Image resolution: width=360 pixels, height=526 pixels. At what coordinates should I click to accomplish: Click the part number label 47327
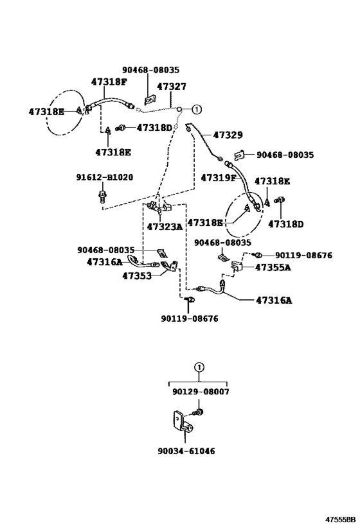click(x=171, y=87)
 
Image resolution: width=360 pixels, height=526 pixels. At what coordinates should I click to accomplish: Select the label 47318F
click(x=109, y=82)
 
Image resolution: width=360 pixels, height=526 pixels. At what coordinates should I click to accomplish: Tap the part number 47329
click(x=228, y=135)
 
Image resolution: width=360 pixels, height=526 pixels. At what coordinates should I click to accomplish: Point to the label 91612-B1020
click(x=104, y=177)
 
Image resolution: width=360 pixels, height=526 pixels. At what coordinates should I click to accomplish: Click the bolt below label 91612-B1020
click(x=102, y=196)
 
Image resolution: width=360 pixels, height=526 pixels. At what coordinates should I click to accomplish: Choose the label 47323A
click(x=165, y=227)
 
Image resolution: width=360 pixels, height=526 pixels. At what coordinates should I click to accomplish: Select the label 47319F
click(x=219, y=178)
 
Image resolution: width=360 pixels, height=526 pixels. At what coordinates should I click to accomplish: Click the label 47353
click(x=137, y=276)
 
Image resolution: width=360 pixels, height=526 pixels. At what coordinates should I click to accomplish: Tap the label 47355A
click(x=273, y=267)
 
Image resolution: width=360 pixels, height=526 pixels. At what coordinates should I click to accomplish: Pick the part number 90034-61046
click(x=186, y=451)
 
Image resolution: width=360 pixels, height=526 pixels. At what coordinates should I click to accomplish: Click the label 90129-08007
click(x=201, y=392)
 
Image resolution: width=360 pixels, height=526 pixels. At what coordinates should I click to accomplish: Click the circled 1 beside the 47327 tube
click(x=197, y=109)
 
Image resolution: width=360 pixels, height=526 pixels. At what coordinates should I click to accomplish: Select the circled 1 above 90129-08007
click(x=199, y=367)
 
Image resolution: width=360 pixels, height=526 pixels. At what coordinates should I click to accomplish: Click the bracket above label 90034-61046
click(x=183, y=423)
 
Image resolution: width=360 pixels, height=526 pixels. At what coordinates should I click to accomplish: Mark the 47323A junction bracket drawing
click(x=159, y=206)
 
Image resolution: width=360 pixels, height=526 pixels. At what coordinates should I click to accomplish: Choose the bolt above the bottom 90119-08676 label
click(x=190, y=299)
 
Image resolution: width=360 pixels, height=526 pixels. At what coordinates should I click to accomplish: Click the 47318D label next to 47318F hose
click(x=154, y=128)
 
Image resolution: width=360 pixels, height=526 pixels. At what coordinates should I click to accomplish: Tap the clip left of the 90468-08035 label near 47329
click(x=239, y=154)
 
